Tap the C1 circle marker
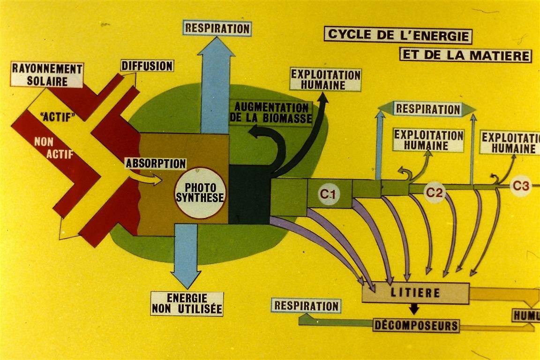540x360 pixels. [329, 193]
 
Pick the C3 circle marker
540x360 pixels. [521, 186]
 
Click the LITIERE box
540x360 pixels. [416, 293]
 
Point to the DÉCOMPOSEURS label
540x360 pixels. [416, 325]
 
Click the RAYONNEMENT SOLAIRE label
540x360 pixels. [47, 75]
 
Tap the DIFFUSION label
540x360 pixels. [147, 66]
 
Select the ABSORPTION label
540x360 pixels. [156, 164]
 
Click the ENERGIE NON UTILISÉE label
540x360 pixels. [187, 303]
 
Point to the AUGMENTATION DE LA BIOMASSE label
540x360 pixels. [271, 113]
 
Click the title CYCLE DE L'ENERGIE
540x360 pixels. [398, 34]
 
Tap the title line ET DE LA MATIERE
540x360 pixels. [465, 55]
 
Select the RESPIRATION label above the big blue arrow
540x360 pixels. [217, 28]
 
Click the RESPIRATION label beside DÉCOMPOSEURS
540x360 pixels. [306, 306]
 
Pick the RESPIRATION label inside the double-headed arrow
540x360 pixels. [427, 109]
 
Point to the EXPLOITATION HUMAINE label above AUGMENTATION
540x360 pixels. [325, 80]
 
